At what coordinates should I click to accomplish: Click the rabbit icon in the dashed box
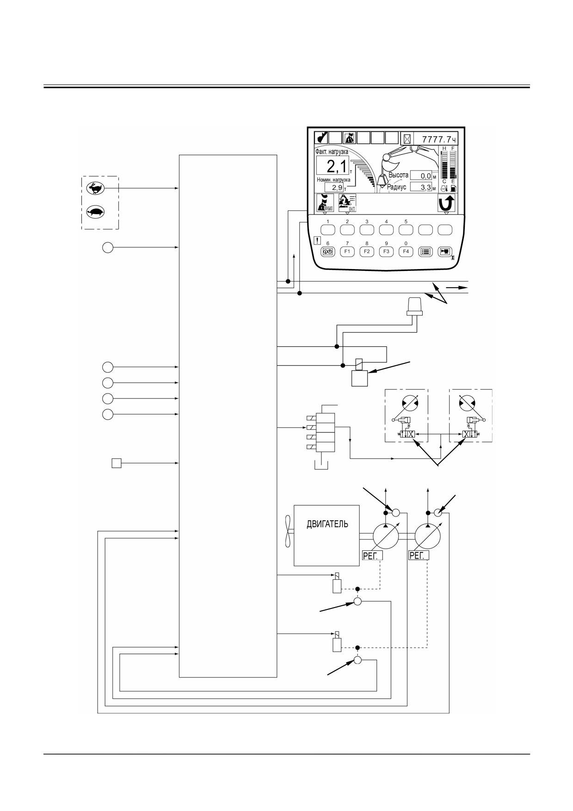(96, 188)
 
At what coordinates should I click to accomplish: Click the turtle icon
(96, 212)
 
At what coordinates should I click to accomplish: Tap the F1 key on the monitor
(347, 252)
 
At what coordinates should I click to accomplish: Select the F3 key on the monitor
(386, 252)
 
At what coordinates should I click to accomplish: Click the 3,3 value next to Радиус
(423, 187)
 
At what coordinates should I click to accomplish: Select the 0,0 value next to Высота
(423, 176)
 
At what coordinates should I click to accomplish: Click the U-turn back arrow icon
(446, 203)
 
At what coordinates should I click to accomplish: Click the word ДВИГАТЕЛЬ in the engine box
(327, 524)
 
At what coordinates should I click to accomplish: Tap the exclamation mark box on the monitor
(317, 240)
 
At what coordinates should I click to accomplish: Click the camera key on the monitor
(445, 252)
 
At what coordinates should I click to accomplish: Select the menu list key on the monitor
(425, 252)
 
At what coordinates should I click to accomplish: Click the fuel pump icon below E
(453, 189)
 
